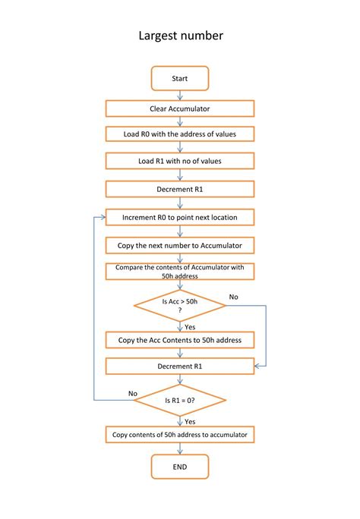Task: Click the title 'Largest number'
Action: (180, 36)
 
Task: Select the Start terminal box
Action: (180, 78)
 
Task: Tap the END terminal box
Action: (180, 467)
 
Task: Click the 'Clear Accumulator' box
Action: (180, 109)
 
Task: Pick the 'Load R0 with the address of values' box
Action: (180, 134)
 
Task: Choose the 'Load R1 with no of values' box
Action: (180, 161)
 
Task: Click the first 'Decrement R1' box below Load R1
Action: (180, 189)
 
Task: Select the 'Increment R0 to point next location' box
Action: (180, 217)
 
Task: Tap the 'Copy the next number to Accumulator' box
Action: (180, 245)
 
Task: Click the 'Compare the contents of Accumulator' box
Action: (180, 272)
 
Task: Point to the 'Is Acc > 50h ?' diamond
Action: (180, 305)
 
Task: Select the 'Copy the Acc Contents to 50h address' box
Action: (180, 340)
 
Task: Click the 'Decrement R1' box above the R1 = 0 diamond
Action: (180, 366)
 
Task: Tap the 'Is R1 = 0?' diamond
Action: (180, 400)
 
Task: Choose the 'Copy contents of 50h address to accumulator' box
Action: (180, 435)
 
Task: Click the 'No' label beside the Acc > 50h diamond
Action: (233, 297)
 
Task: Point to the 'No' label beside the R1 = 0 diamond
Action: (133, 393)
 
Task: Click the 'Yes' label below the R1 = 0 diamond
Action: (191, 420)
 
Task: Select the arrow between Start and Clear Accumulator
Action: (180, 95)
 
